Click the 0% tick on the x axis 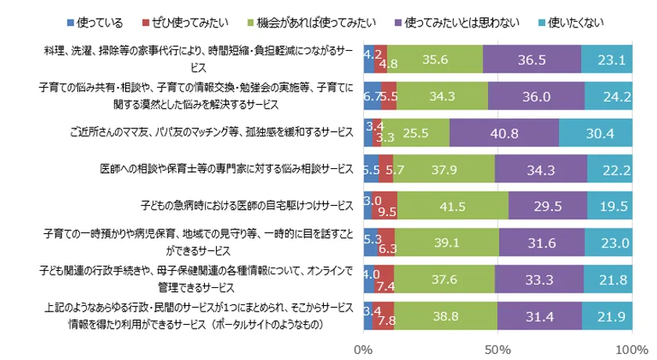pos(364,345)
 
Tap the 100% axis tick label pos(628,345)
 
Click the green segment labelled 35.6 pos(435,59)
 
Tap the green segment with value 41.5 pos(453,205)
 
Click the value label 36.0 pos(537,95)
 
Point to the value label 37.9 pos(445,168)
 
